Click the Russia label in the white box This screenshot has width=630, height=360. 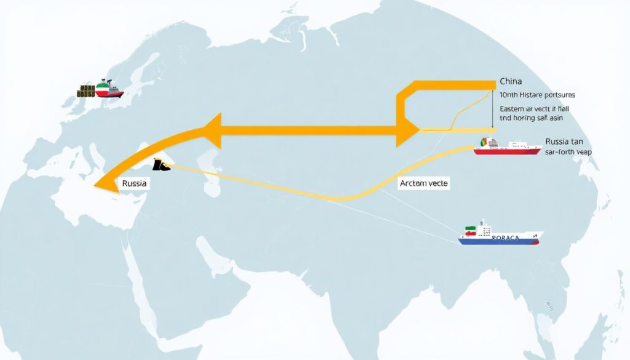(x=134, y=183)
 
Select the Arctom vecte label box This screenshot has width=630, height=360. (x=424, y=183)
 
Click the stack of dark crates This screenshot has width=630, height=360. (x=86, y=92)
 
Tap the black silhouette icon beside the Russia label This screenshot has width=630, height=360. (x=160, y=164)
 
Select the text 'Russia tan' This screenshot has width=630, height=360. (x=564, y=141)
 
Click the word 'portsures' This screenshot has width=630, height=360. (x=557, y=95)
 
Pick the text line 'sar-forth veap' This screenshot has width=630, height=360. (x=568, y=151)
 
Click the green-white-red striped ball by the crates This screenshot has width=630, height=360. (x=103, y=90)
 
